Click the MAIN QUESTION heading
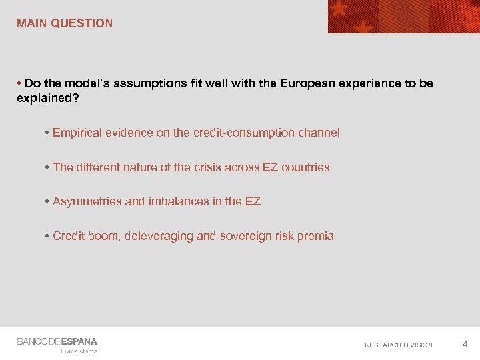65,23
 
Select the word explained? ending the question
43,98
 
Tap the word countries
305,167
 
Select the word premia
315,236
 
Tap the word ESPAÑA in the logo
79,341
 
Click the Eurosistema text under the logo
79,351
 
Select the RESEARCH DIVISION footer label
398,345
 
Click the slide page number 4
465,344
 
